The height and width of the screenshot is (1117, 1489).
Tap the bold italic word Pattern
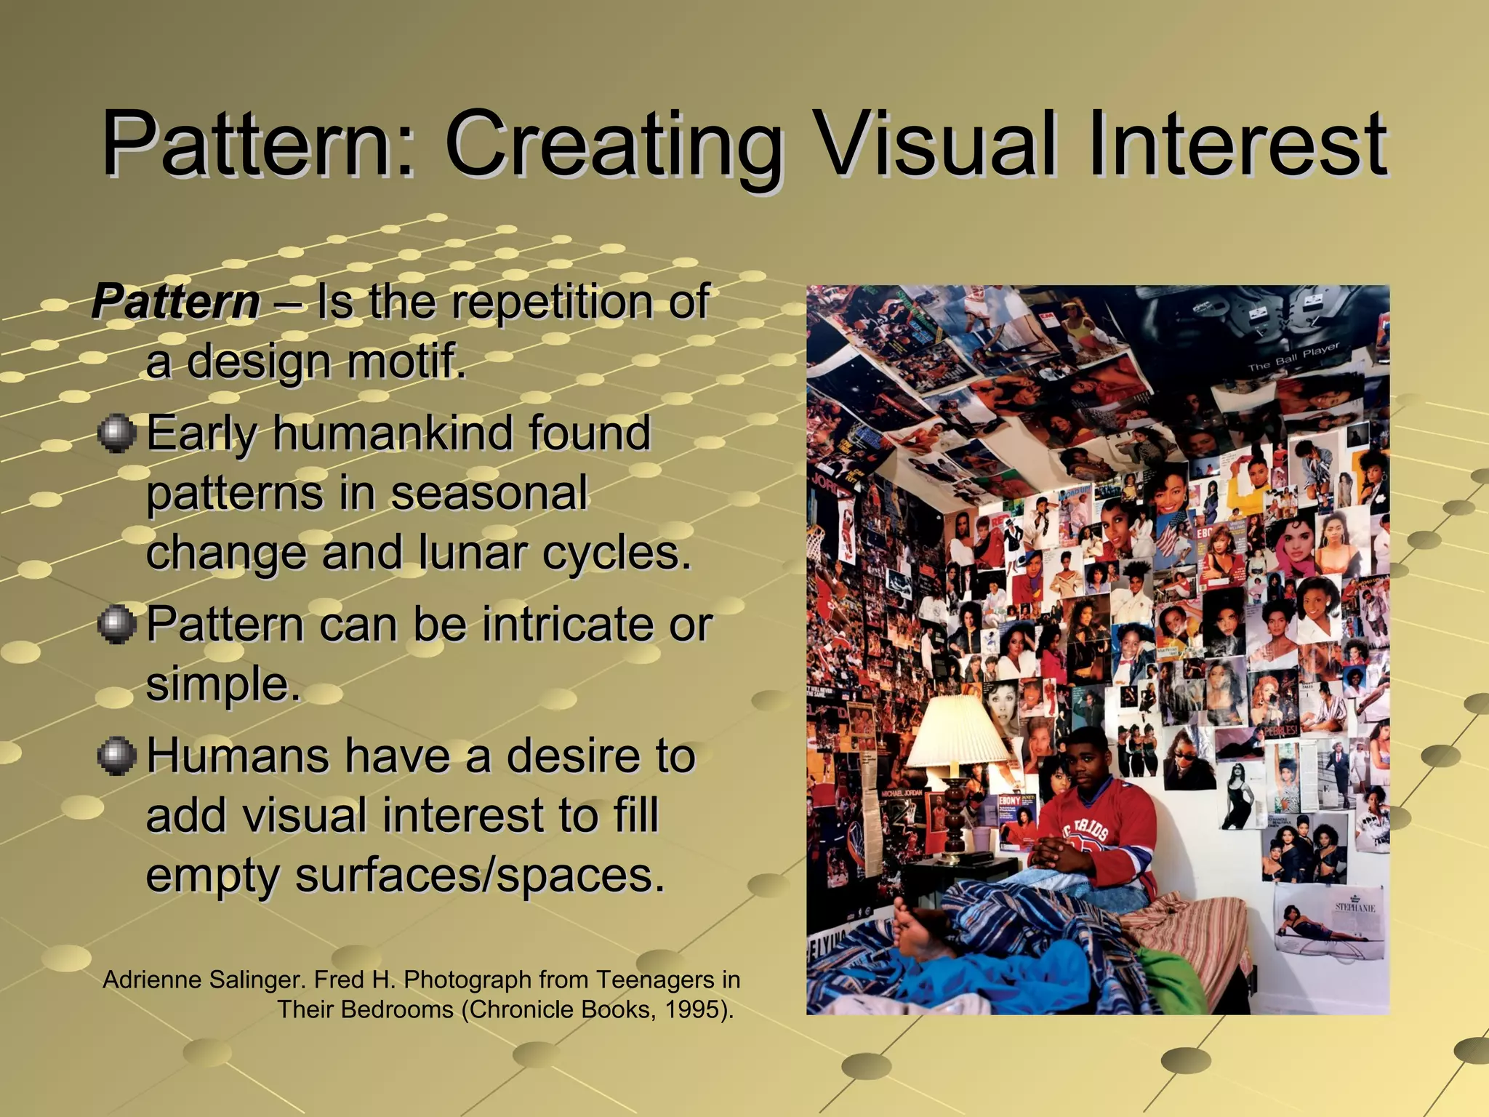click(x=176, y=301)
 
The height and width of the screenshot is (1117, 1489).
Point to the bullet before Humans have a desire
click(x=116, y=756)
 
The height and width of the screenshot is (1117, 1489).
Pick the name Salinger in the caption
click(x=257, y=980)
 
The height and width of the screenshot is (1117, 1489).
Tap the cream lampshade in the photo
click(x=954, y=727)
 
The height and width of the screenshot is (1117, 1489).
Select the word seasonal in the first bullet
click(x=489, y=493)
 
